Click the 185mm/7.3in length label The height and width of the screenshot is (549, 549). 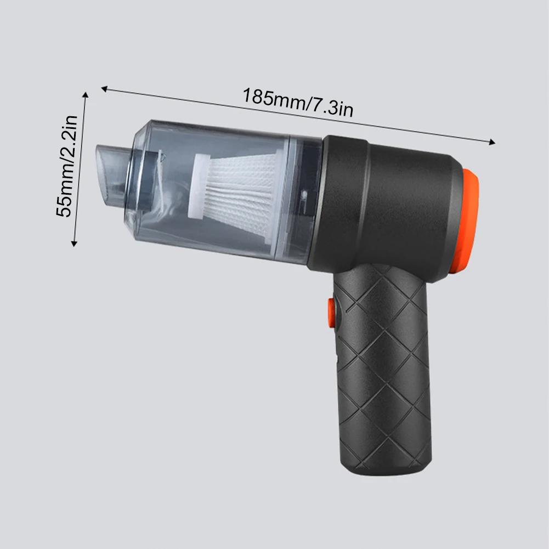pyautogui.click(x=298, y=103)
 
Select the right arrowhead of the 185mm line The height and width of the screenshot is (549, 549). pyautogui.click(x=492, y=142)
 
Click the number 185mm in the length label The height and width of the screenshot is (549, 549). pyautogui.click(x=273, y=98)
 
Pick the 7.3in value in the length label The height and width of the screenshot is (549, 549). pyautogui.click(x=331, y=108)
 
